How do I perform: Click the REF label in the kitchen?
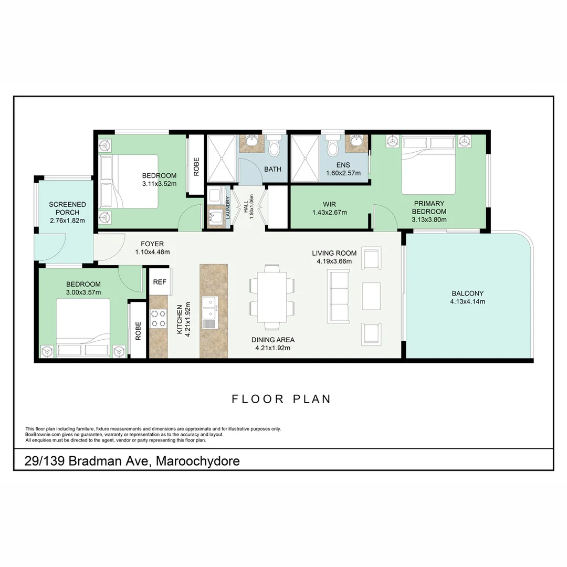tap(160, 282)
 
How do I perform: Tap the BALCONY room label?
tap(468, 293)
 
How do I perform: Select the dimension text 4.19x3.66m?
tap(334, 261)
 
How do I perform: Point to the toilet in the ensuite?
tap(332, 145)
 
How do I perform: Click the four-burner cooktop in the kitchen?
tap(159, 319)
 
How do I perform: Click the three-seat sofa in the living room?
tap(339, 296)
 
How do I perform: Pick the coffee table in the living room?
tap(371, 296)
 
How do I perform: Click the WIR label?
tap(329, 204)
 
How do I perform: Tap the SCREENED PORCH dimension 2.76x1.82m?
tap(68, 220)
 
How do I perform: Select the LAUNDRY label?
tap(228, 207)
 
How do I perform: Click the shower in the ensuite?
tap(305, 159)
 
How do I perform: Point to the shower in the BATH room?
tap(222, 159)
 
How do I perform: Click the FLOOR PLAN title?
tap(281, 399)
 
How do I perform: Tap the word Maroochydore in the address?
tap(198, 461)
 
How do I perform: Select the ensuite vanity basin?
tap(356, 143)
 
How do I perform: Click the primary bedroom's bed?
tap(428, 165)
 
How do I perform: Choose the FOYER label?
tap(152, 244)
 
